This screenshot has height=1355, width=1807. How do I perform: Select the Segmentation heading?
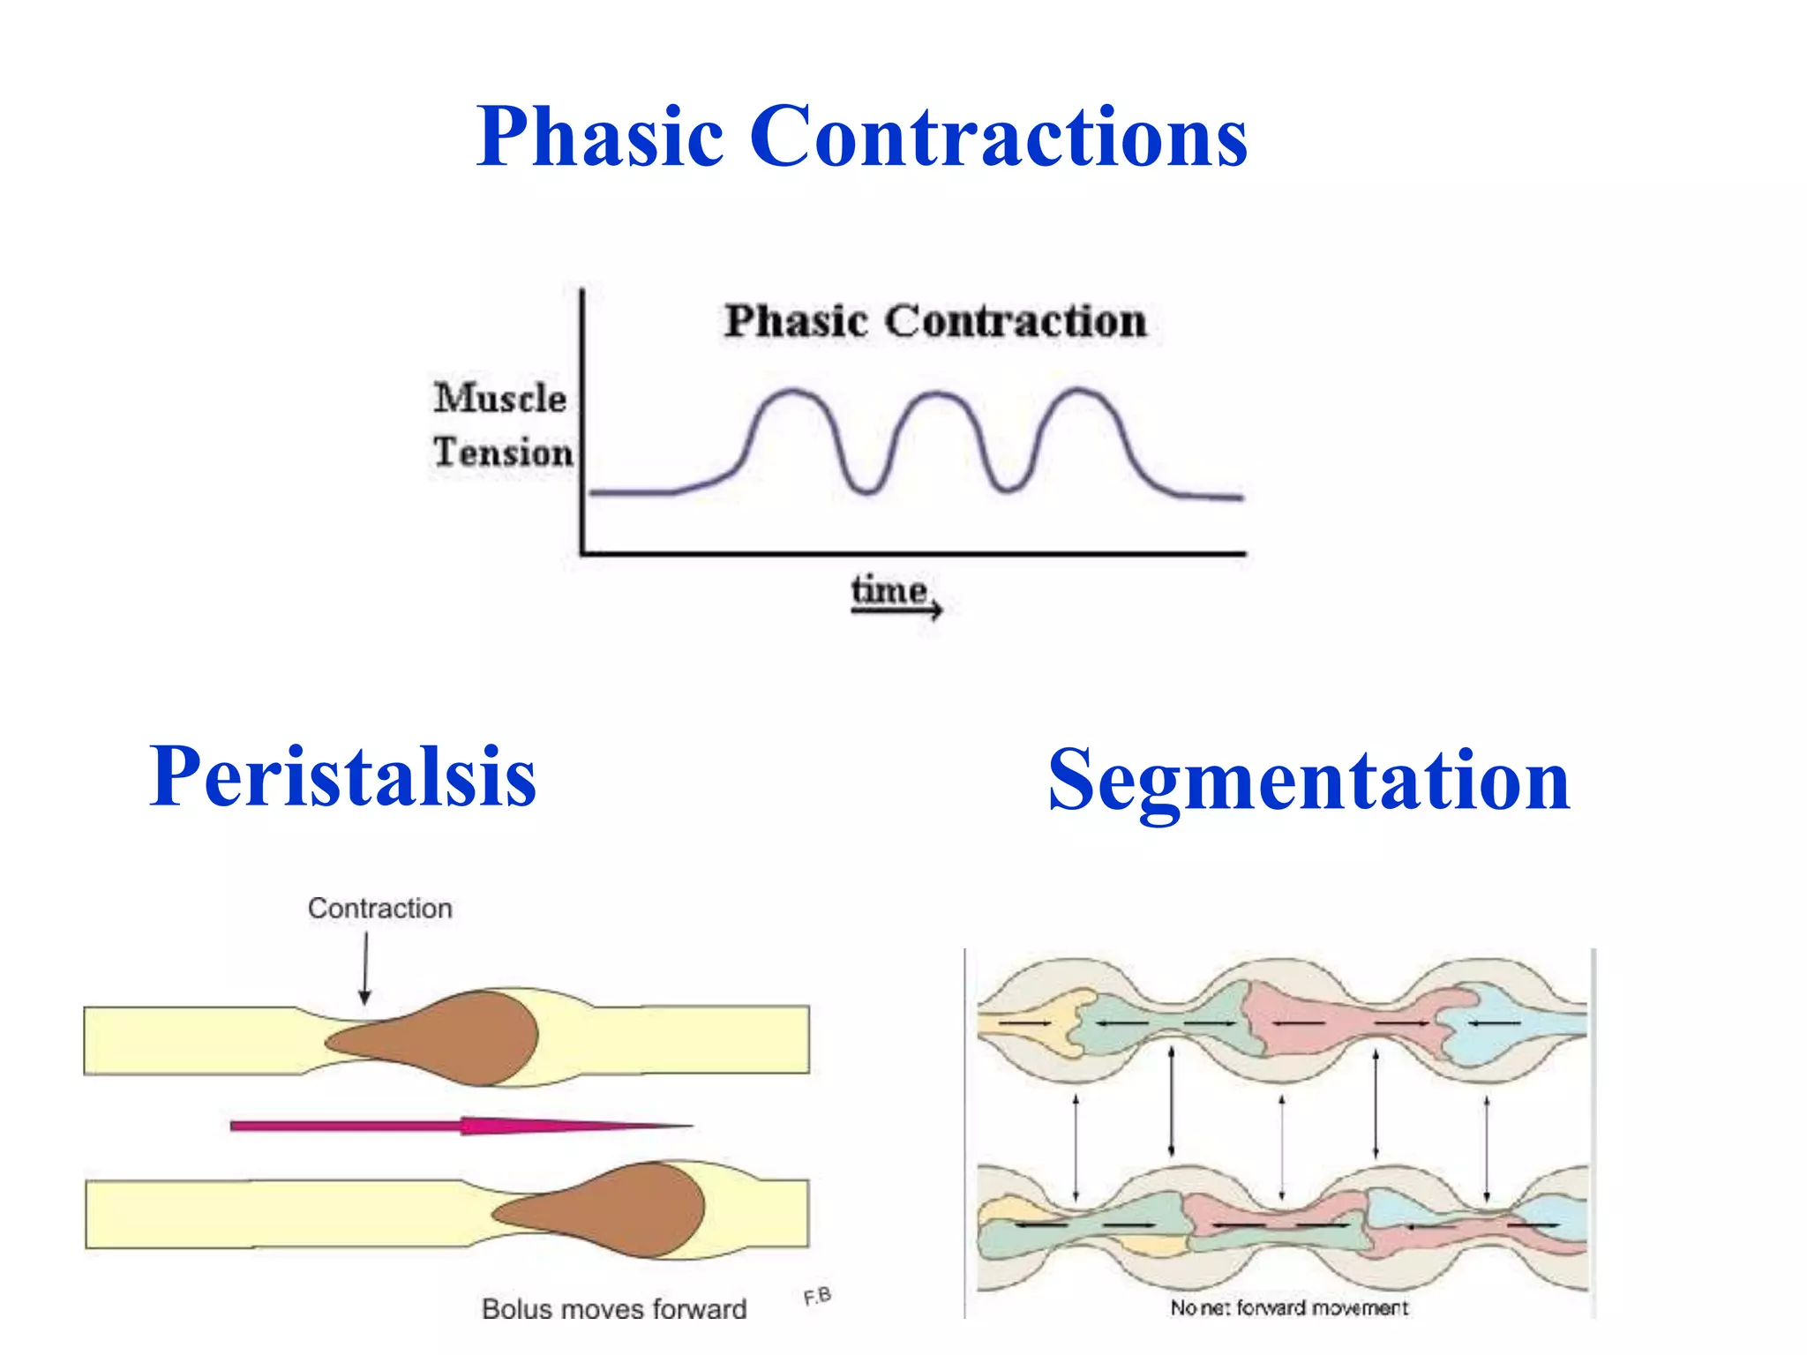coord(1308,780)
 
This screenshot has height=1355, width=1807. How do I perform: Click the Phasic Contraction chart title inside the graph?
coord(935,321)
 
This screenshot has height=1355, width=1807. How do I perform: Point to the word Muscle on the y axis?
coord(499,398)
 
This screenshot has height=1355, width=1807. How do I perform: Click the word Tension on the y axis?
coord(503,453)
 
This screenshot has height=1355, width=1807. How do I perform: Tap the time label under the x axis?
coord(889,591)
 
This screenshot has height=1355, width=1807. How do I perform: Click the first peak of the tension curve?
coord(793,392)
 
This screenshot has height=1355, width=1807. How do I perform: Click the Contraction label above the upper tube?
coord(379,909)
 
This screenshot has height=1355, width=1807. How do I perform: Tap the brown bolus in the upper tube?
coord(450,1039)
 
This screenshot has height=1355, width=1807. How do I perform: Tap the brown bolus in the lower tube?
coord(618,1210)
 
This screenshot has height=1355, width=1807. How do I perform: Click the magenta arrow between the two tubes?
coord(459,1126)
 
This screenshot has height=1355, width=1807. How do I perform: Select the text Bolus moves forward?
coord(614,1308)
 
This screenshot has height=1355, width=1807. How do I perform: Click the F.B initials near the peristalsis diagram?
coord(817,1296)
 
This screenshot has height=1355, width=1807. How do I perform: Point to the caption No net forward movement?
coord(1288,1307)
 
